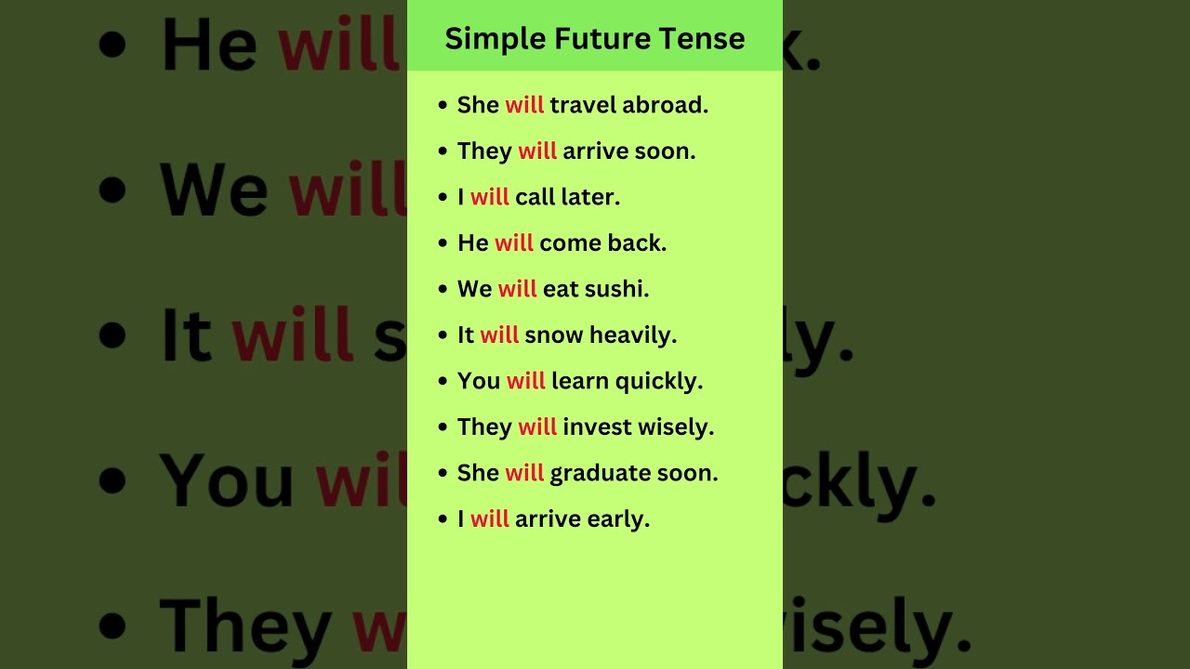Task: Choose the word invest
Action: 597,427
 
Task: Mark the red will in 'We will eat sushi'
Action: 518,289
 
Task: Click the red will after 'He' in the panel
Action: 514,243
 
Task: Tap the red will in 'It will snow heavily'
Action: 500,335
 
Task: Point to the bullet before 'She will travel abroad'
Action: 443,106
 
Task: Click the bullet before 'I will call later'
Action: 443,198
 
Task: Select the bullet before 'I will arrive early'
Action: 443,520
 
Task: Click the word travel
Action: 583,105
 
